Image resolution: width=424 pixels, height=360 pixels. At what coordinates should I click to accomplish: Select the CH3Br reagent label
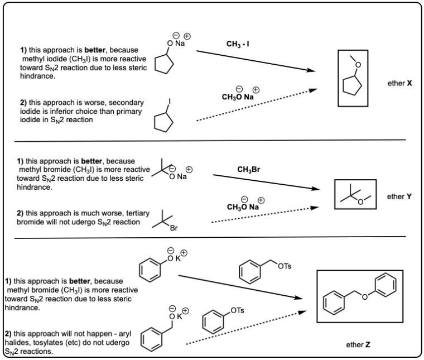pyautogui.click(x=249, y=169)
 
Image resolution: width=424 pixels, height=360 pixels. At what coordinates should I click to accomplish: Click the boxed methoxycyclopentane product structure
pyautogui.click(x=356, y=78)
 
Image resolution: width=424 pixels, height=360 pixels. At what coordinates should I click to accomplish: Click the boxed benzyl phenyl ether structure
pyautogui.click(x=359, y=296)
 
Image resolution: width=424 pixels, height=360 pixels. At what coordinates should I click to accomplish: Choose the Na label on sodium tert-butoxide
pyautogui.click(x=182, y=177)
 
